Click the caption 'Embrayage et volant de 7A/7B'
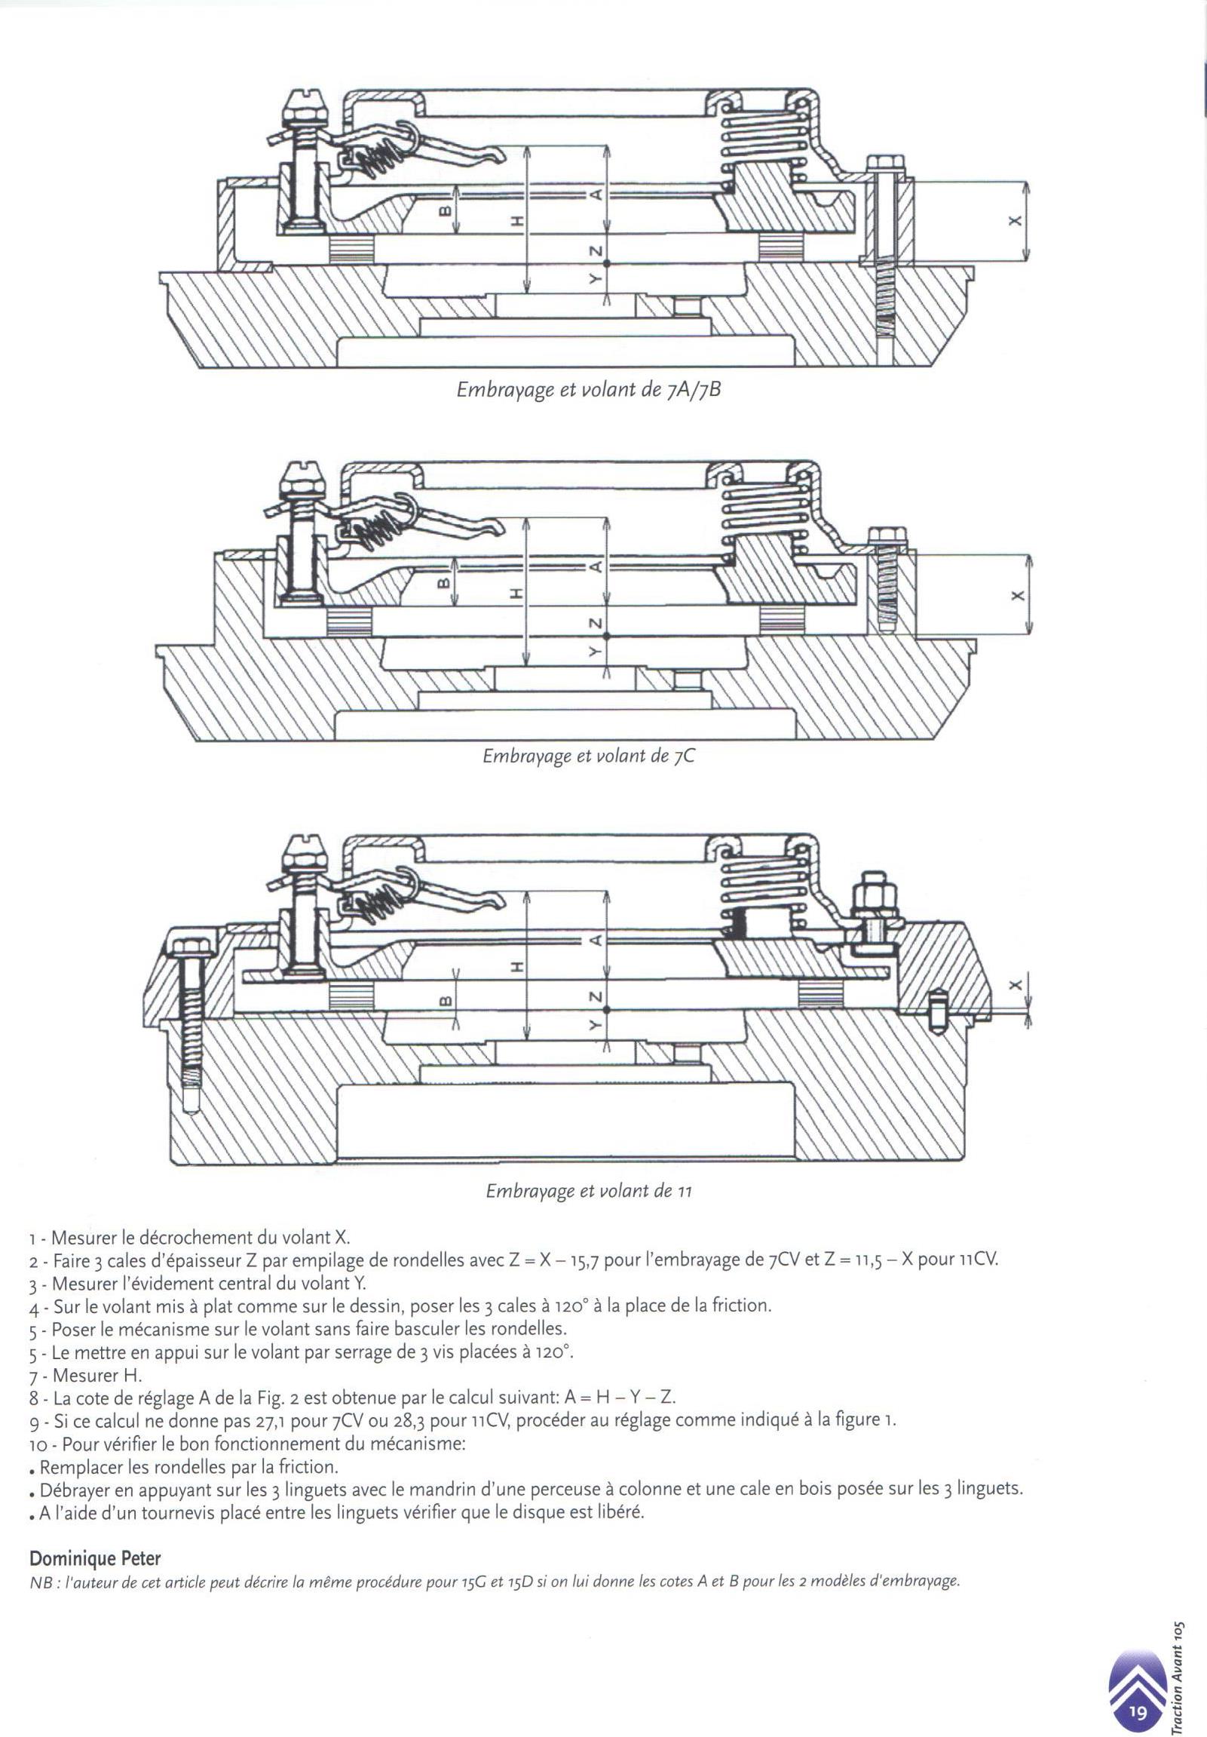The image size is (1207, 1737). point(587,391)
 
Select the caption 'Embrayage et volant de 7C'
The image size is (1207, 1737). point(588,756)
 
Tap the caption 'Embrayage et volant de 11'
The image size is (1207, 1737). point(588,1192)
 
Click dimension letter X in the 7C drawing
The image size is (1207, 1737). point(1017,595)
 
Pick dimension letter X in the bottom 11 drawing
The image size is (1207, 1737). point(1016,984)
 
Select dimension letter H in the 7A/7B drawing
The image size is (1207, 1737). point(516,221)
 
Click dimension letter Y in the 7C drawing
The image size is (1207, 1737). point(595,652)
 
